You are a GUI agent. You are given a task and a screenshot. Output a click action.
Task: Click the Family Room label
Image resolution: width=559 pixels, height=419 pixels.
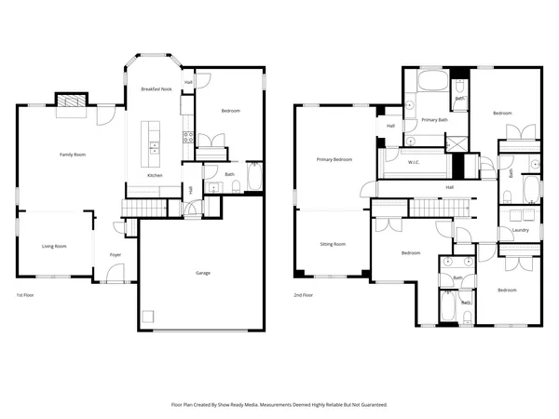73,155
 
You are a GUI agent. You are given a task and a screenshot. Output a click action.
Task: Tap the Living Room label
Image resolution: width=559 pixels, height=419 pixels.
54,247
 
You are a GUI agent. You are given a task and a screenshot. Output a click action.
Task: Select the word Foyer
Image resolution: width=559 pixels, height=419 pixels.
116,254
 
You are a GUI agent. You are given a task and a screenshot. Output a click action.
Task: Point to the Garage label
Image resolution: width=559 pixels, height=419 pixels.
202,273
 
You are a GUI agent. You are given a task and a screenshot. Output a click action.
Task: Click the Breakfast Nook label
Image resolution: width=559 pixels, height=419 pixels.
157,88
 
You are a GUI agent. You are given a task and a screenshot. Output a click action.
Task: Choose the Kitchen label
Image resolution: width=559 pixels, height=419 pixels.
156,176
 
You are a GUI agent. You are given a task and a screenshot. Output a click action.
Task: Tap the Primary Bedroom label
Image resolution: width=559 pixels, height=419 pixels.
334,160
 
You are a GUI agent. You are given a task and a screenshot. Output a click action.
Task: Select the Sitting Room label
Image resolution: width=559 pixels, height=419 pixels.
333,244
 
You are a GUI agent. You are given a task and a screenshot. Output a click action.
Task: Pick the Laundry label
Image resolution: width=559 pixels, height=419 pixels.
521,230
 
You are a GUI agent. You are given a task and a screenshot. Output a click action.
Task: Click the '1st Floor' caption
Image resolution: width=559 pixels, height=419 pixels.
25,295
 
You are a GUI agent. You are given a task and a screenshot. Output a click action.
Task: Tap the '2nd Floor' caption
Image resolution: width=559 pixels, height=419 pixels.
303,295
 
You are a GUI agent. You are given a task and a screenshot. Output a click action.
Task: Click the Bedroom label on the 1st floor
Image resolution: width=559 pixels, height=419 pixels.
230,111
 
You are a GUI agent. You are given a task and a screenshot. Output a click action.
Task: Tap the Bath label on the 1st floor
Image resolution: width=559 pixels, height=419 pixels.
229,174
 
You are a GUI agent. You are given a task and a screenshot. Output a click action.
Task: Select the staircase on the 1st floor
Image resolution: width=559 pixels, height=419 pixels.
145,206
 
